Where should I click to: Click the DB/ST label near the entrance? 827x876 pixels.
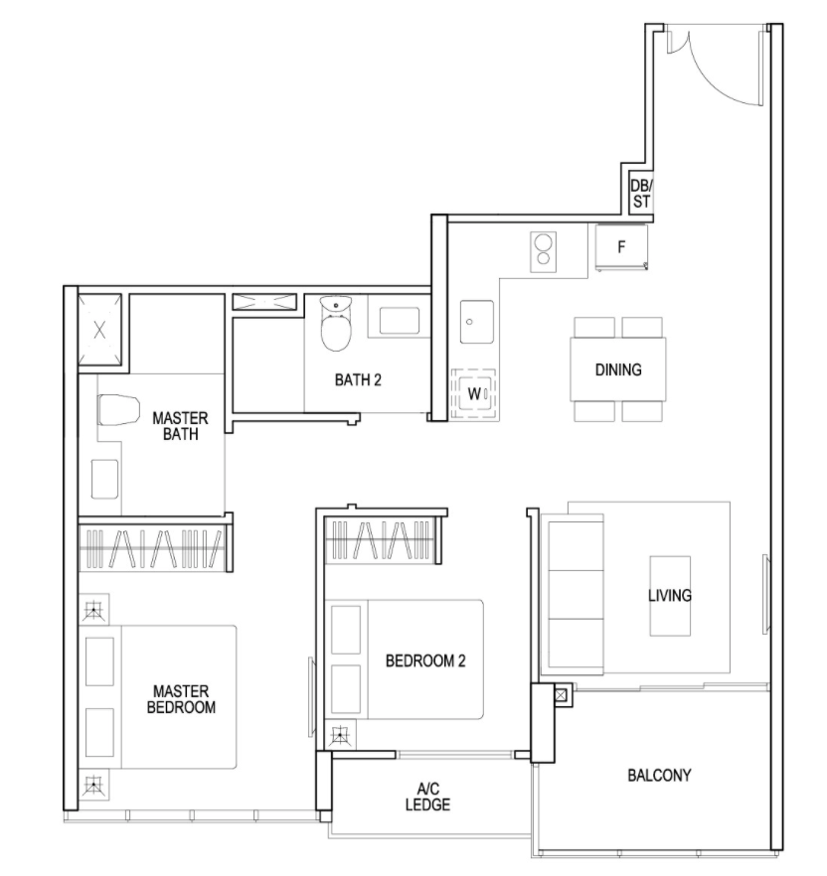641,194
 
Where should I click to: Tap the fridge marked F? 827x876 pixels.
621,247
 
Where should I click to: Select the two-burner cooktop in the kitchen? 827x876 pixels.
544,251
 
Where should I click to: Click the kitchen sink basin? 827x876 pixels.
477,322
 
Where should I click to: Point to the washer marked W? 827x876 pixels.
474,394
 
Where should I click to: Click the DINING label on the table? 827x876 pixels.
618,369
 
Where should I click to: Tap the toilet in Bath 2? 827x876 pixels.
336,324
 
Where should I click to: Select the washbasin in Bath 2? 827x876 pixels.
400,321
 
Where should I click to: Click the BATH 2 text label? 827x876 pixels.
358,379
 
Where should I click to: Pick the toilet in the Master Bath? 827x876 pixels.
118,410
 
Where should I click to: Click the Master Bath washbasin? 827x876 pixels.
105,479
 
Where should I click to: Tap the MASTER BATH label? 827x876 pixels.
180,426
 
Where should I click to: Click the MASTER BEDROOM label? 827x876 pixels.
181,699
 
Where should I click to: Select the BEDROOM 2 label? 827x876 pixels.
425,660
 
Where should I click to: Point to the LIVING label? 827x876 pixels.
670,596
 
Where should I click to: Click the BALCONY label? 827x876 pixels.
659,775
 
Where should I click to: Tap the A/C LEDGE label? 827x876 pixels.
427,797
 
